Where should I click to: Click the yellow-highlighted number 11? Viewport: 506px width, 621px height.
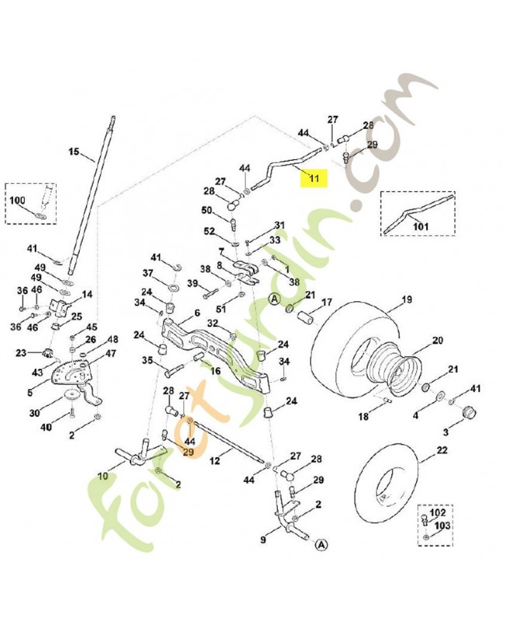[314, 178]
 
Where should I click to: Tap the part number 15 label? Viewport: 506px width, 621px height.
[74, 151]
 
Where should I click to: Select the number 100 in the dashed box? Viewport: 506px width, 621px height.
[17, 200]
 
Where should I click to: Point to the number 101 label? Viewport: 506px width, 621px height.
[421, 226]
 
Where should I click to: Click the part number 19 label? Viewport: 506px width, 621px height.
[407, 300]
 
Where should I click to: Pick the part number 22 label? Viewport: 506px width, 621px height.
[442, 450]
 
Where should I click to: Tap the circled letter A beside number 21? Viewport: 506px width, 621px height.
[274, 299]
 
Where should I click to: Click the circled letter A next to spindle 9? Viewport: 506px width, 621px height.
[321, 546]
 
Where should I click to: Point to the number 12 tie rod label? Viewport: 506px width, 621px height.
[215, 461]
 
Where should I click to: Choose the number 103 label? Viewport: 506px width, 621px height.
[442, 526]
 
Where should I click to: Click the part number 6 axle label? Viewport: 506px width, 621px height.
[197, 313]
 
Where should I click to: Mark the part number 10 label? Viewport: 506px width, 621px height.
[103, 476]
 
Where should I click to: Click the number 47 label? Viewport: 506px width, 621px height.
[112, 353]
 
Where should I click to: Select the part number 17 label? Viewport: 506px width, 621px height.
[327, 302]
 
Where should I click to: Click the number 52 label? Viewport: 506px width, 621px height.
[209, 231]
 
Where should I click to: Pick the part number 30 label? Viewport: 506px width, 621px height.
[34, 413]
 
